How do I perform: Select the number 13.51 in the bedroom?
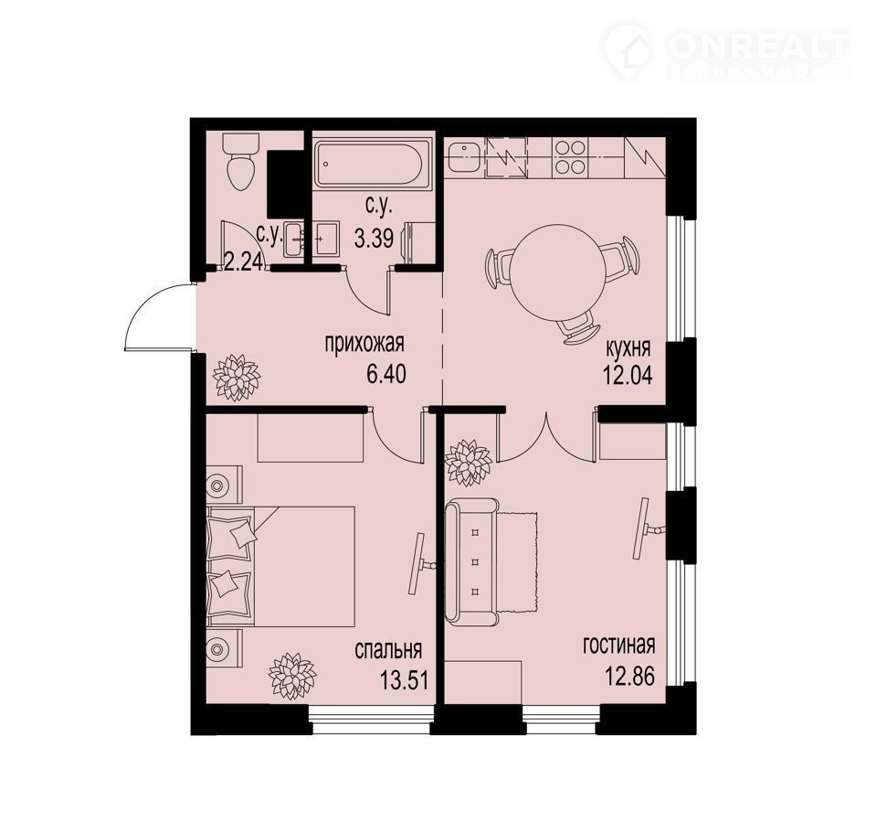tap(404, 681)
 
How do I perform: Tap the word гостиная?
tap(618, 645)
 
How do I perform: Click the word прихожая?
tap(365, 343)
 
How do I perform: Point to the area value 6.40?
tap(386, 374)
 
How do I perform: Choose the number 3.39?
tap(375, 239)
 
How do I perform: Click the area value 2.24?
tap(243, 261)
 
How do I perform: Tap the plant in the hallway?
tap(237, 377)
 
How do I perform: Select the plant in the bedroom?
tap(292, 676)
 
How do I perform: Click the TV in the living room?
tap(647, 528)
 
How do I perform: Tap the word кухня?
tap(629, 349)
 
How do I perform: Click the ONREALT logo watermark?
tap(728, 50)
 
